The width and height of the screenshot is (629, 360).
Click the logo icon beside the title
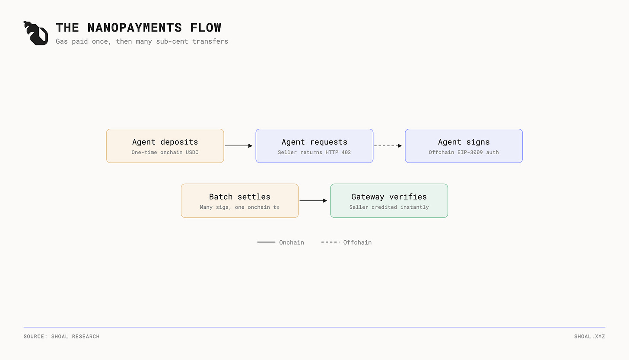click(36, 33)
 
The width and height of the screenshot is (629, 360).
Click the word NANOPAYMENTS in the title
click(134, 28)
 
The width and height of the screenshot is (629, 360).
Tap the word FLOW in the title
click(206, 28)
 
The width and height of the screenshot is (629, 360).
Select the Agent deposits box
click(165, 146)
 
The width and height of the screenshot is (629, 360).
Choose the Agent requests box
click(314, 146)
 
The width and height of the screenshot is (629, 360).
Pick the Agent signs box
click(464, 146)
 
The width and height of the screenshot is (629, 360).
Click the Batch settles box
click(240, 201)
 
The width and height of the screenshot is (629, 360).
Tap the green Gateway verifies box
click(389, 201)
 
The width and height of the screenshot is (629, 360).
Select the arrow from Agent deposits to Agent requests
click(238, 146)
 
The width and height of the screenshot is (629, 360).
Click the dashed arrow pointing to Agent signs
click(388, 146)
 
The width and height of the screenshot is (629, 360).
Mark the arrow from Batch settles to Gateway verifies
click(313, 201)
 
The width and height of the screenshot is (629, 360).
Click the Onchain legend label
click(292, 242)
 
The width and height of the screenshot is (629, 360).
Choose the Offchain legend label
click(357, 242)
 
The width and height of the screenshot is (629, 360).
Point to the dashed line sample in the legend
click(330, 242)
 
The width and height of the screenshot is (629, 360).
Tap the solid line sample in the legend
click(266, 242)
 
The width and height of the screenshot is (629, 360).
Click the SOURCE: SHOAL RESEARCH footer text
click(61, 336)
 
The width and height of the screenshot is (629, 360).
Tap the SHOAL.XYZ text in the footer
click(590, 336)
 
